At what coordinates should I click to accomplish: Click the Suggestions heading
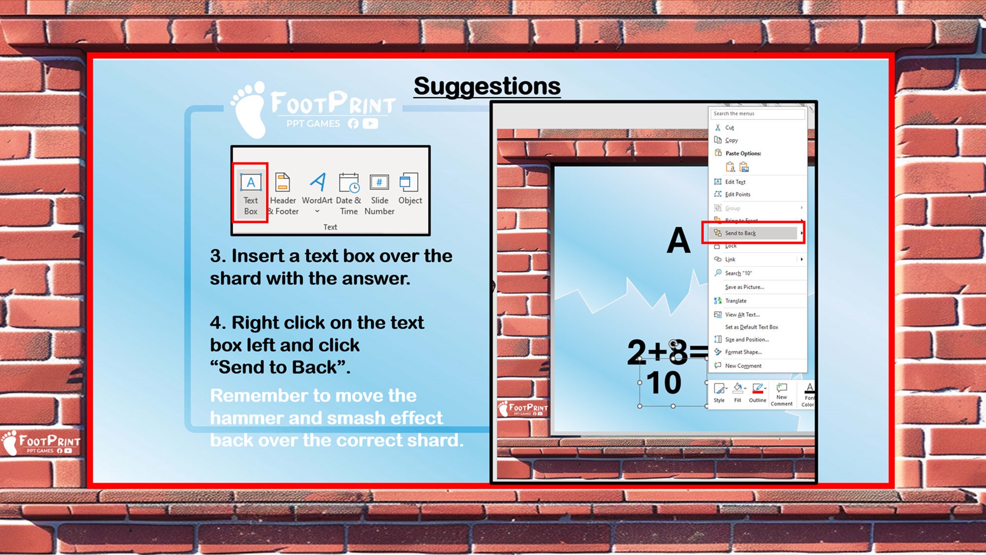pos(487,86)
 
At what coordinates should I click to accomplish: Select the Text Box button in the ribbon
pos(250,193)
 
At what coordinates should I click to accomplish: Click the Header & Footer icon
pos(283,193)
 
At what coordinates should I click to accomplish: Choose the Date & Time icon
pos(349,193)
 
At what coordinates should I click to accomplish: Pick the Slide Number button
pos(379,193)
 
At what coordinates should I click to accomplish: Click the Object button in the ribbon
pos(410,189)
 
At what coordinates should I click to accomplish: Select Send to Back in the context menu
pos(740,233)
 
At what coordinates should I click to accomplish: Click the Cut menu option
pos(729,128)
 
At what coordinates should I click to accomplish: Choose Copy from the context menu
pos(731,140)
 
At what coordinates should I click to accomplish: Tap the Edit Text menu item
pos(735,182)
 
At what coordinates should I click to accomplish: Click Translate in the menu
pos(735,300)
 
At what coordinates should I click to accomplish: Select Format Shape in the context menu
pos(743,352)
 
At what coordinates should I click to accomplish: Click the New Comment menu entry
pos(743,366)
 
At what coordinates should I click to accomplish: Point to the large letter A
pos(678,241)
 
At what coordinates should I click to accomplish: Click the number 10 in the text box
pos(664,383)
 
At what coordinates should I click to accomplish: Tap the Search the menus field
pos(757,113)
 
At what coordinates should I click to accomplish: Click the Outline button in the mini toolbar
pos(757,393)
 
